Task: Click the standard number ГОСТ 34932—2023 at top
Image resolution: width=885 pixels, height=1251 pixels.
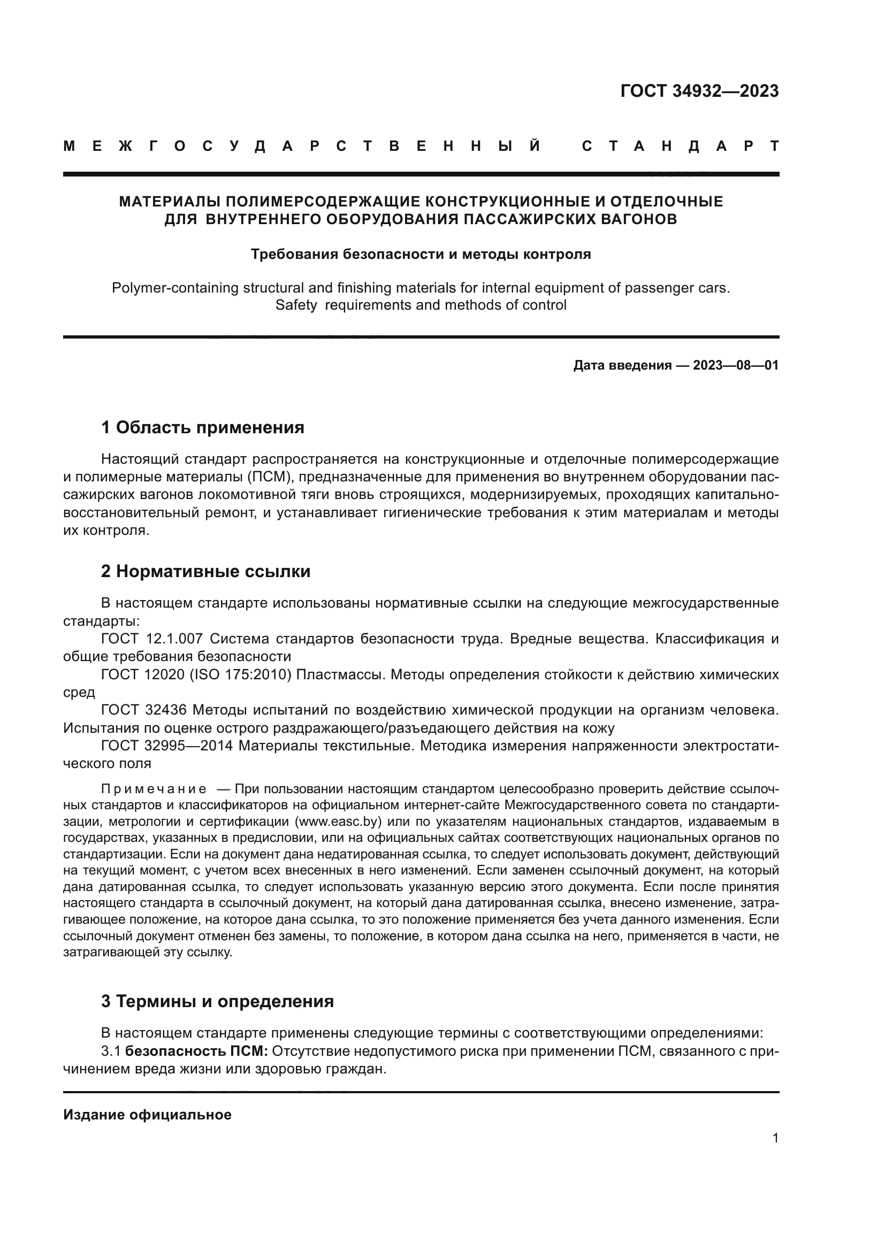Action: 699,91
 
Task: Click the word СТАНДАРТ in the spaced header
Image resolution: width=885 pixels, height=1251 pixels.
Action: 680,146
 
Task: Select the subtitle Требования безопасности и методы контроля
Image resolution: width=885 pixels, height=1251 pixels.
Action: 421,254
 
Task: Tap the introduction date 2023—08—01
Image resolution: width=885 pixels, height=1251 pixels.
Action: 736,365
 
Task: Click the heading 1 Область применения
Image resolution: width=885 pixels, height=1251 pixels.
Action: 202,428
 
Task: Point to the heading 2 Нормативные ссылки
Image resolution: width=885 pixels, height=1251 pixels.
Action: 205,571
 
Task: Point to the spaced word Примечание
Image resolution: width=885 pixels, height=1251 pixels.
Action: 153,789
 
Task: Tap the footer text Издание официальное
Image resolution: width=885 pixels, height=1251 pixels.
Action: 147,1115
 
